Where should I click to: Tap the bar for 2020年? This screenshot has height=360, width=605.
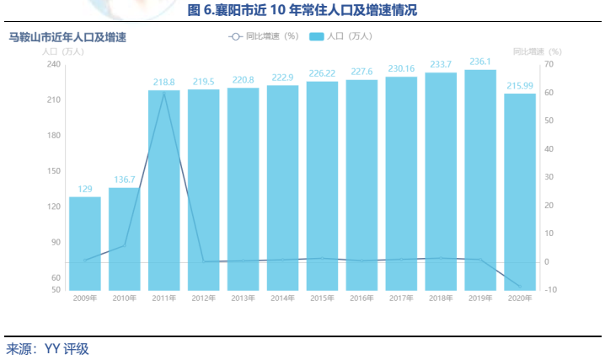(520, 191)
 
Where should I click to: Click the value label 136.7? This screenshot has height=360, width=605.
(124, 180)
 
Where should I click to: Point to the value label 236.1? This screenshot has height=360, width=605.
(480, 62)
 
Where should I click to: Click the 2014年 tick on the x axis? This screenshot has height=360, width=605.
(282, 298)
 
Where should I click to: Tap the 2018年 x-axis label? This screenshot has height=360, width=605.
(441, 298)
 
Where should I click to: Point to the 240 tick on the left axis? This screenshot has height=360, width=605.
(53, 64)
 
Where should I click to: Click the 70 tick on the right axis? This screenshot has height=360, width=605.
(548, 64)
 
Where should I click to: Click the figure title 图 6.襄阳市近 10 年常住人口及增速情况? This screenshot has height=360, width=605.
(302, 11)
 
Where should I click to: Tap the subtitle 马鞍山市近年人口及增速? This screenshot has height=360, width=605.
(67, 37)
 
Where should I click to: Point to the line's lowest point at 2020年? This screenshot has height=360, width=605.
(520, 287)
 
